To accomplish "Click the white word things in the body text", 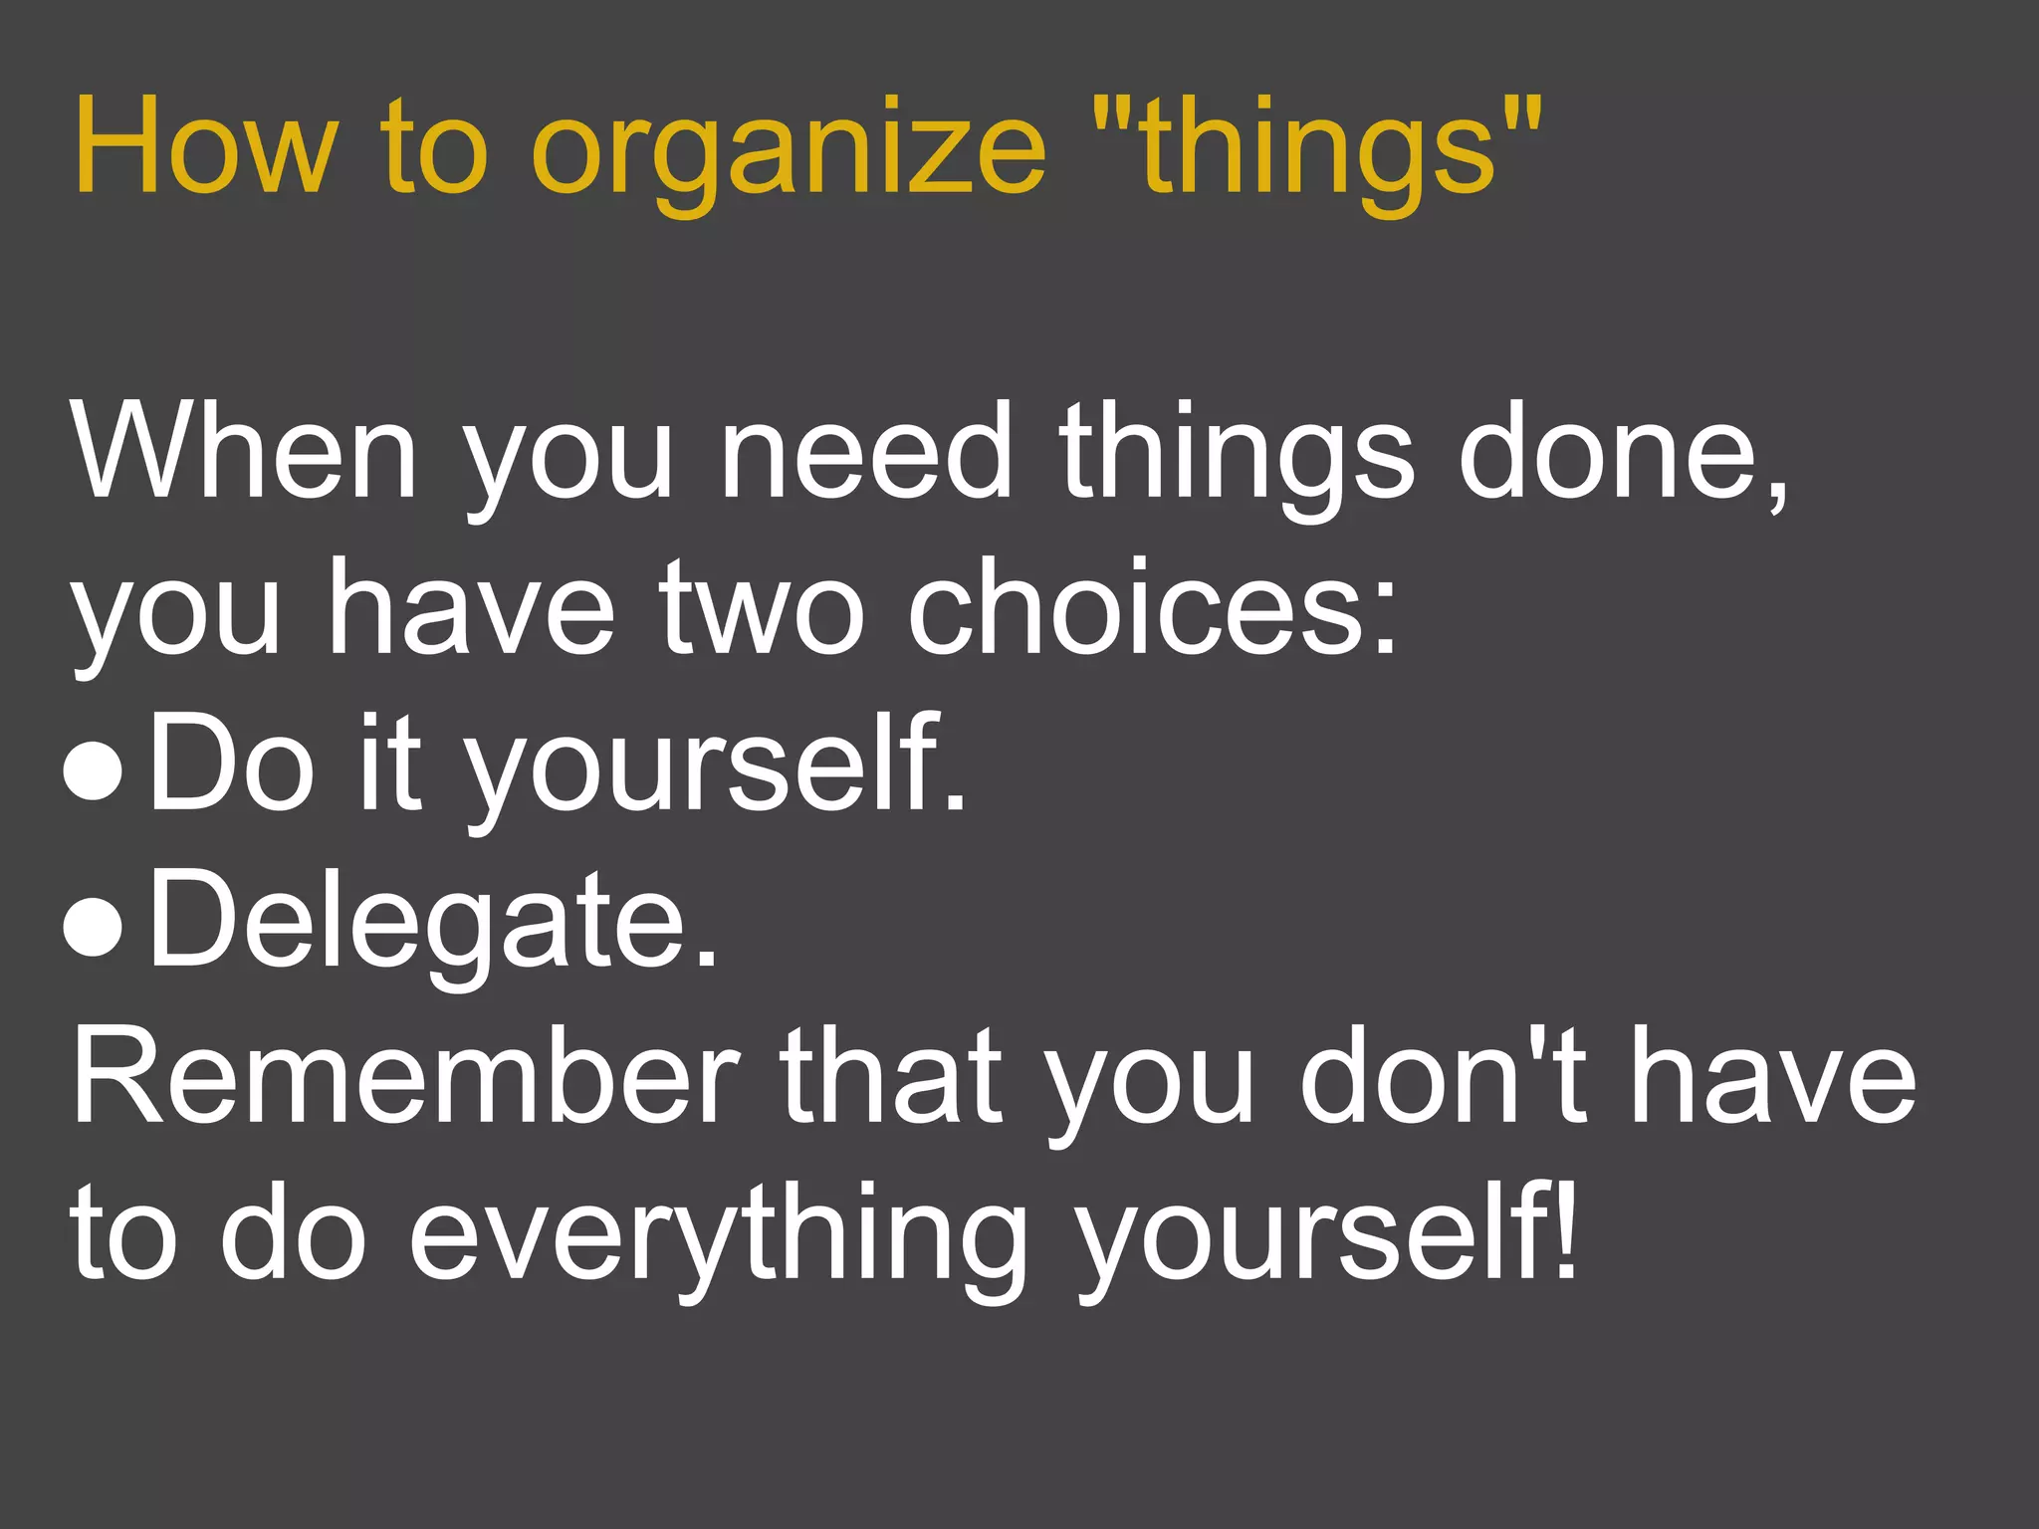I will coord(1236,453).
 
